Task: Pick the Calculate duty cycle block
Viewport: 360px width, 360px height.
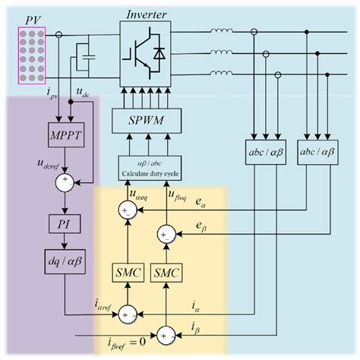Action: [x=152, y=165]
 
